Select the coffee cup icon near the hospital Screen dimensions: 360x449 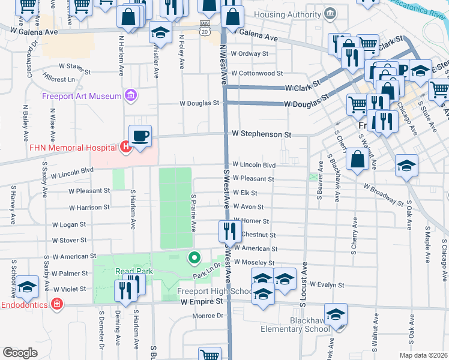[140, 136]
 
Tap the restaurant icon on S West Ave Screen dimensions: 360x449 [229, 229]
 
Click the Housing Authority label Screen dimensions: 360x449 [287, 14]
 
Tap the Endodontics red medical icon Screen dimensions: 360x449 [56, 305]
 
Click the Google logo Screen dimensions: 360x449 [20, 353]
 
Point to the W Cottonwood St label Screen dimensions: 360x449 [257, 73]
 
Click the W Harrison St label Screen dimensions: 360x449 [89, 208]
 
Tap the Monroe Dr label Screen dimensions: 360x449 [208, 316]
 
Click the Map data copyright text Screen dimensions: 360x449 [423, 355]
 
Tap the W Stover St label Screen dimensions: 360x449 [69, 241]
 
